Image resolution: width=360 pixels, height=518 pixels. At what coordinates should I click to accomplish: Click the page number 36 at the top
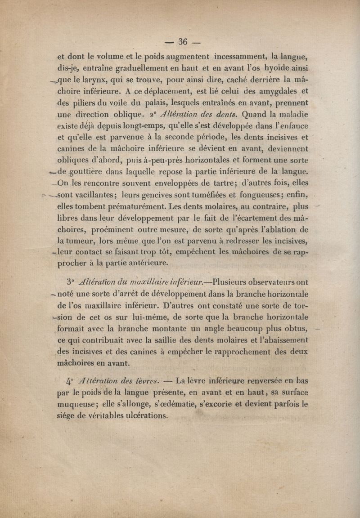click(x=182, y=42)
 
